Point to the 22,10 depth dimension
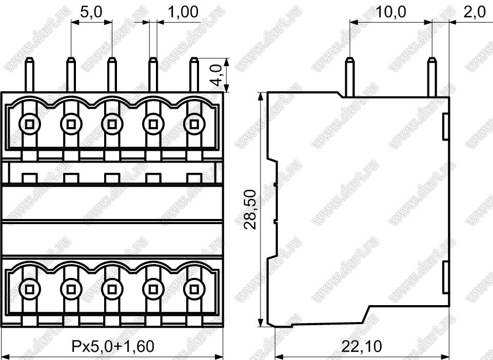(361, 346)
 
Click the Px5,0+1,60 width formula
(113, 346)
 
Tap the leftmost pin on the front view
(30, 74)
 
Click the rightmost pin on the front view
(194, 74)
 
